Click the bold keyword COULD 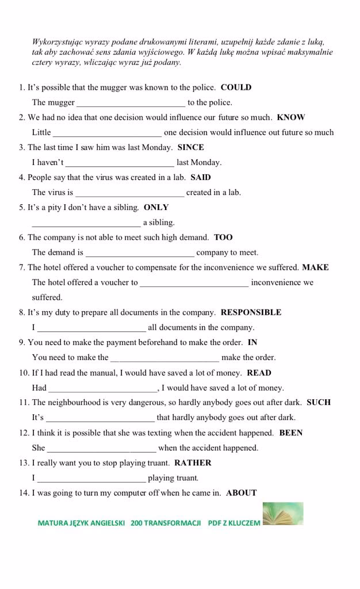[236, 87]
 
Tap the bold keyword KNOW [291, 117]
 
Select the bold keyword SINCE [191, 147]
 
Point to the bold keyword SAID [201, 177]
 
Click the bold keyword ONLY [156, 207]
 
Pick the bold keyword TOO [223, 237]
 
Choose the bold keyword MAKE [316, 267]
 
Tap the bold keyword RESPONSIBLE [251, 312]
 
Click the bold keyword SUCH [319, 402]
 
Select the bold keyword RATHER [193, 462]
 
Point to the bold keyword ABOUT [242, 492]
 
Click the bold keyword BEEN [291, 433]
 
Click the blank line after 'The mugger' [131, 104]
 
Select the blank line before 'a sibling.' [86, 223]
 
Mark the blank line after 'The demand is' [140, 253]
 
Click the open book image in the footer [284, 514]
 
